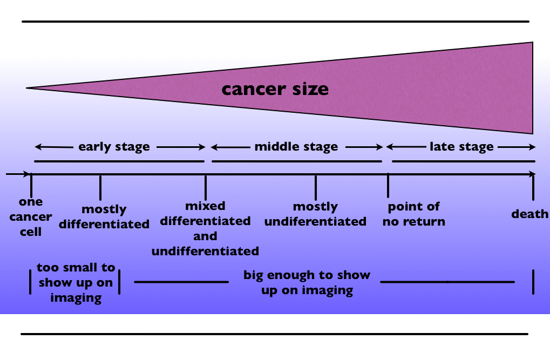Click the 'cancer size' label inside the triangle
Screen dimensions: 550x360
tap(275, 89)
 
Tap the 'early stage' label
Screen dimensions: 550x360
tap(114, 147)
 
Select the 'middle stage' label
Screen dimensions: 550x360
tap(296, 147)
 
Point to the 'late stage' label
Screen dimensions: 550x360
tap(461, 147)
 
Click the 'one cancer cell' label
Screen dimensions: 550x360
tap(31, 216)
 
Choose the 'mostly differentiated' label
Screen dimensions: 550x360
tap(104, 216)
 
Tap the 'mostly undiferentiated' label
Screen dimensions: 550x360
tap(315, 214)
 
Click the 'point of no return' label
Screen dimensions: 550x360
tap(414, 214)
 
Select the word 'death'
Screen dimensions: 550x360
tap(529, 214)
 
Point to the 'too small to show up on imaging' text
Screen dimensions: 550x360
tap(76, 282)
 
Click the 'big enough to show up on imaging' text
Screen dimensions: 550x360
tap(307, 282)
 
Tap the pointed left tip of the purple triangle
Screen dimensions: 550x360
tap(26, 88)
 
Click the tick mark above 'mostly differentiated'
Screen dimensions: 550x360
tap(100, 188)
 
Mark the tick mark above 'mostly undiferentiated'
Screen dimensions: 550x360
tap(316, 188)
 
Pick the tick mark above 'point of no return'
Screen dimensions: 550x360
tap(388, 185)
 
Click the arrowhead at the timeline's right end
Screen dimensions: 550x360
tap(533, 174)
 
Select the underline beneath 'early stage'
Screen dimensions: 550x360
tap(119, 161)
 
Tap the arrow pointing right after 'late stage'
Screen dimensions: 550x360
tap(517, 147)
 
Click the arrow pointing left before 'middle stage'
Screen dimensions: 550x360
tap(230, 147)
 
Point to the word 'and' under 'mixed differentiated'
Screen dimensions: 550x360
tap(205, 236)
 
